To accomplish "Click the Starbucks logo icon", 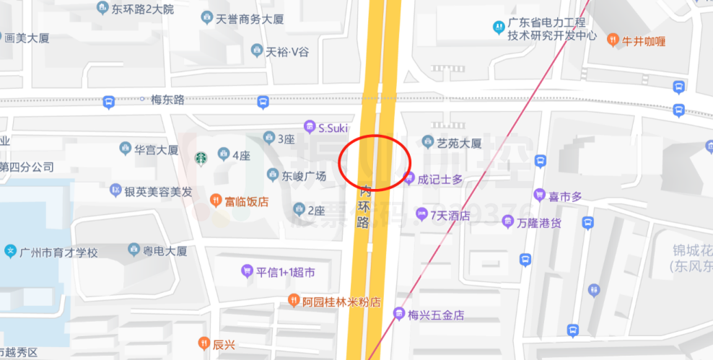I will (x=201, y=157).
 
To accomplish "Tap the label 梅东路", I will (x=167, y=100).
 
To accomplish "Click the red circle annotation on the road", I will (x=374, y=162).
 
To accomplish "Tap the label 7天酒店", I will (x=450, y=215).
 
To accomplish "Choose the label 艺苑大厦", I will (x=459, y=144).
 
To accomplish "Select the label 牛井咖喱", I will (x=644, y=40).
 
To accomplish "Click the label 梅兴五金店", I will (x=435, y=315).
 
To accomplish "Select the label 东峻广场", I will (x=304, y=176).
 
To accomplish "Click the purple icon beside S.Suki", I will (x=309, y=127).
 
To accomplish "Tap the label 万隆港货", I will (x=538, y=224).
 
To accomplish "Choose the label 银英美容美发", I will (x=158, y=192).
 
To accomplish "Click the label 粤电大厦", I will (x=165, y=251).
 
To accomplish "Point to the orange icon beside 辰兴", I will (x=204, y=344).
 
